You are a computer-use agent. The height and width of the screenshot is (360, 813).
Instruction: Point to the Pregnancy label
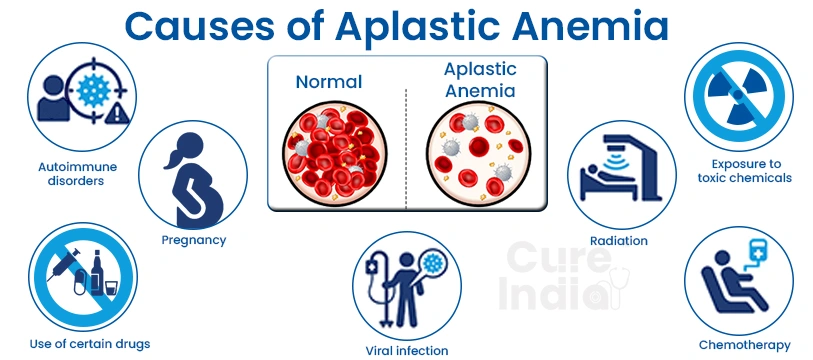194,240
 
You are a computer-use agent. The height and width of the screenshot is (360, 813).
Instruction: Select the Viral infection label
408,350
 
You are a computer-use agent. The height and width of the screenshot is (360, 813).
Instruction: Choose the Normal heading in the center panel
327,82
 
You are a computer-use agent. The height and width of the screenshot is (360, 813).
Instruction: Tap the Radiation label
619,240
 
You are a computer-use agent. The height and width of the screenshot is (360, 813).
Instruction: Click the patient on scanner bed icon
619,172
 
